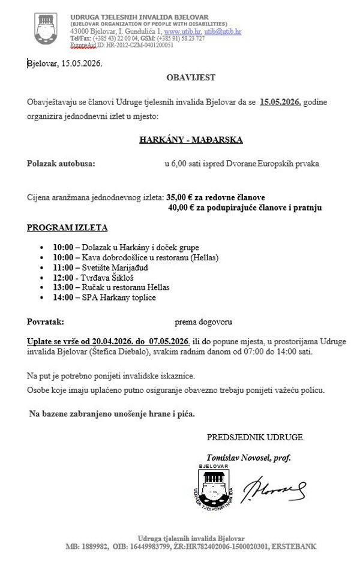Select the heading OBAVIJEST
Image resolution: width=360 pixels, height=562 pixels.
[x=190, y=77]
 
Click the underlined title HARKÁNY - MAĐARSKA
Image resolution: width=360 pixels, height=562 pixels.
[x=190, y=140]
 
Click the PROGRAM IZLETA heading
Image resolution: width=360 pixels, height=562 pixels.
[x=67, y=229]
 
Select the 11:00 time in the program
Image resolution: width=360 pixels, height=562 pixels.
[x=63, y=268]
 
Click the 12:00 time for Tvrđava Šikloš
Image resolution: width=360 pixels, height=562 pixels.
[x=63, y=278]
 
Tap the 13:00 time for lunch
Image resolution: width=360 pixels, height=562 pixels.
[x=63, y=288]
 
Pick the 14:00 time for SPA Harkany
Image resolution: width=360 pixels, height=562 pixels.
[x=63, y=297]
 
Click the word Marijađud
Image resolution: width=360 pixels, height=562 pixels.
[x=128, y=268]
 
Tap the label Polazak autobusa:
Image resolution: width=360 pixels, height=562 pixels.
[x=61, y=163]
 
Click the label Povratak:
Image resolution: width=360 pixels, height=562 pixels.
[x=45, y=321]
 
